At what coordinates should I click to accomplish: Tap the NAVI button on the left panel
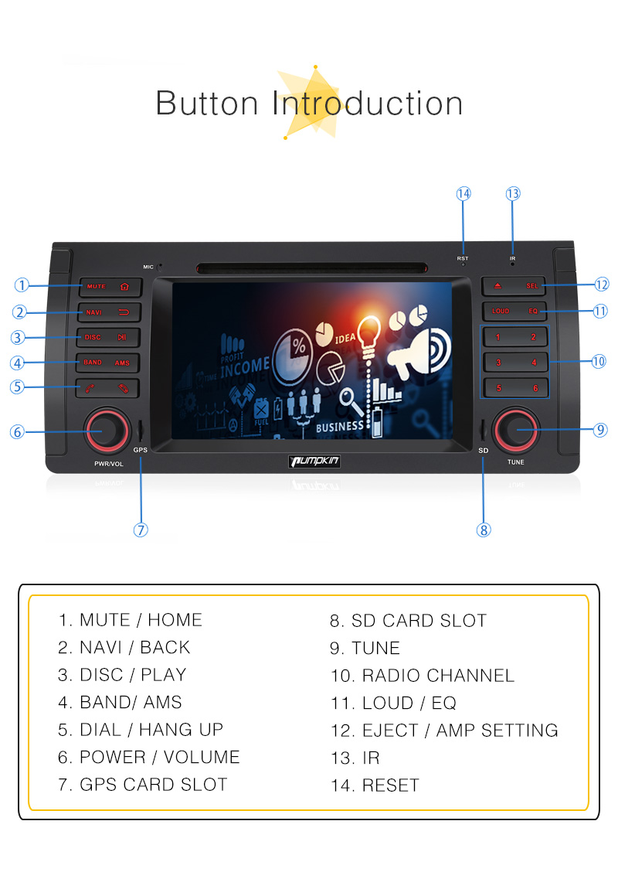108,312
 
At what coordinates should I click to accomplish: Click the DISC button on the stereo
108,337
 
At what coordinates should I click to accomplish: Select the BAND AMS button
108,363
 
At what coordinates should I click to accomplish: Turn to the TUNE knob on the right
515,430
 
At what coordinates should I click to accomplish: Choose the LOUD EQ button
515,312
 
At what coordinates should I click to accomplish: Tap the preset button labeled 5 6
515,387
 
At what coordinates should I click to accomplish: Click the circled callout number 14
463,193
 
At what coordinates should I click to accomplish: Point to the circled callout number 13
513,193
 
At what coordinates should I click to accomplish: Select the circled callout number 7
141,530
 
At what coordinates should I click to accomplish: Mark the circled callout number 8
484,530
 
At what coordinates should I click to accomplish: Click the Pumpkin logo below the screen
314,462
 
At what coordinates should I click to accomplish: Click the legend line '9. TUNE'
365,648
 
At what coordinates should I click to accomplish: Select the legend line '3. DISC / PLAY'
122,675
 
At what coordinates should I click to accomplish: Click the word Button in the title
207,104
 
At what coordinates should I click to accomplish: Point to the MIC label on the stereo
148,267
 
